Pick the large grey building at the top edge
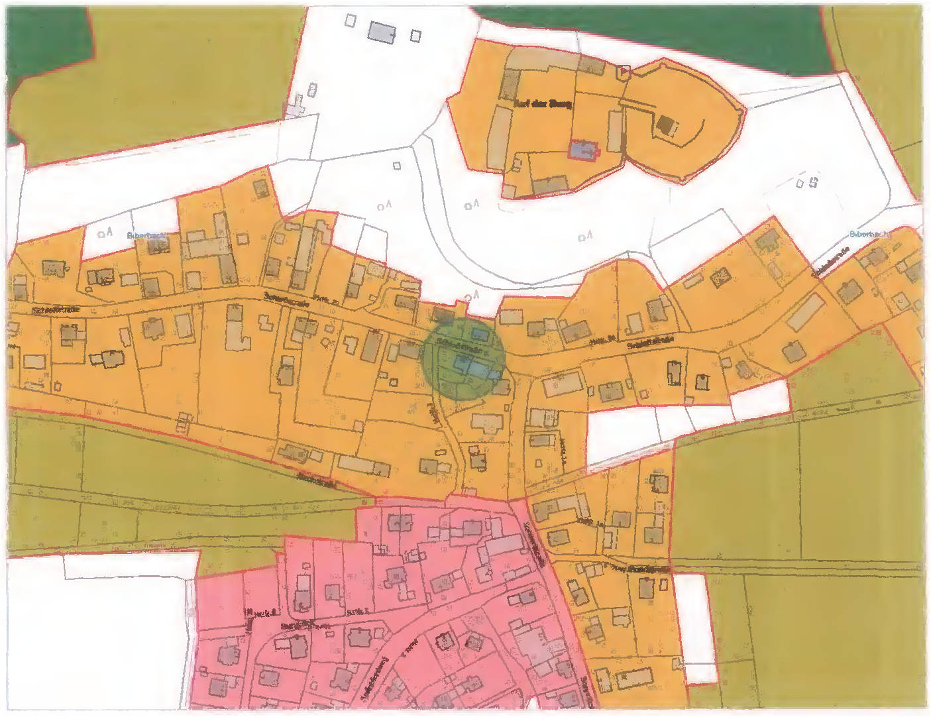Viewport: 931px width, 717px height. tap(382, 31)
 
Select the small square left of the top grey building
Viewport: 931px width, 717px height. tap(351, 21)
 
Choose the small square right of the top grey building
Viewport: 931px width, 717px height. tap(415, 36)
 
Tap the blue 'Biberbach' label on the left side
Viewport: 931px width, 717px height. tap(146, 235)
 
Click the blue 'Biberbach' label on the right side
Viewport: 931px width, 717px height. tap(870, 234)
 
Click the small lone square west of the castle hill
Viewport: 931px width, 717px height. tap(397, 166)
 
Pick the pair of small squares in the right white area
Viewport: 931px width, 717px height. tap(808, 182)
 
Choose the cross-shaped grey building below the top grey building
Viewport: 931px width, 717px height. tap(296, 106)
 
